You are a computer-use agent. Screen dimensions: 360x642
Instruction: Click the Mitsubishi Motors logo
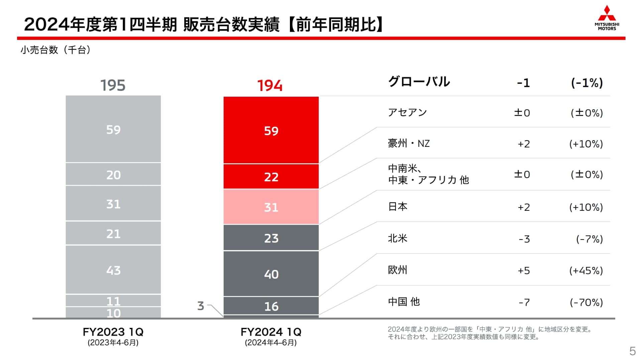(607, 18)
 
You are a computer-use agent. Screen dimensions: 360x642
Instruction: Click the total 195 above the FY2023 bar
(113, 85)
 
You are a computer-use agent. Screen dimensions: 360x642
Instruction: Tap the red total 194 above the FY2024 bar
(270, 86)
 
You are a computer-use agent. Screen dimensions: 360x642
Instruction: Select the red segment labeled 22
(271, 177)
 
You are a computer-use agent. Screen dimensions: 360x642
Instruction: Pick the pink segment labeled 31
(271, 207)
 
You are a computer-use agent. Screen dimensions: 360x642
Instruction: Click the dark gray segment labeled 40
(271, 274)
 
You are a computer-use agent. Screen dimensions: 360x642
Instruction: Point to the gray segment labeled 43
(113, 270)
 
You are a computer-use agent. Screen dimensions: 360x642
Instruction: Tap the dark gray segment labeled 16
(271, 306)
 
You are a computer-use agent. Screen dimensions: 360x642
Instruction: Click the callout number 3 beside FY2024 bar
(201, 306)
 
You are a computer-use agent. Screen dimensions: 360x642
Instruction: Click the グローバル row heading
(419, 82)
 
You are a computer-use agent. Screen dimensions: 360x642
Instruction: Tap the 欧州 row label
(398, 270)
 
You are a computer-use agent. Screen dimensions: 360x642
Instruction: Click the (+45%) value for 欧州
(586, 270)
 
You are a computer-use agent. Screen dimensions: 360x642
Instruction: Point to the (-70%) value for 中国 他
(586, 302)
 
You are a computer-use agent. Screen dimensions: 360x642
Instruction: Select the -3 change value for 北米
(524, 239)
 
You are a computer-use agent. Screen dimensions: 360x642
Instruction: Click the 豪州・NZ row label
(409, 144)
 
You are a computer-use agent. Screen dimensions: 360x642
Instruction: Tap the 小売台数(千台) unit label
(56, 50)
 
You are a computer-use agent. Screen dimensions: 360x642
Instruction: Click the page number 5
(632, 351)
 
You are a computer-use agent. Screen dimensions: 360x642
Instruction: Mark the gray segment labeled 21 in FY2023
(113, 234)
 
